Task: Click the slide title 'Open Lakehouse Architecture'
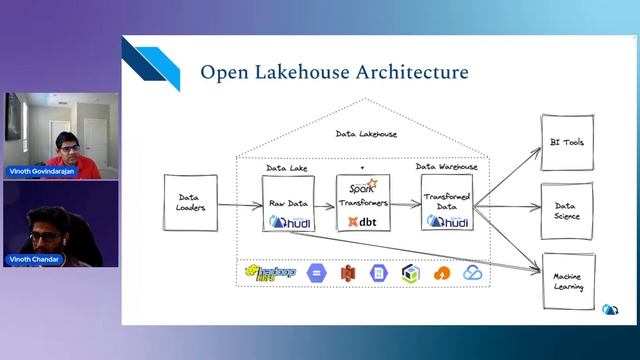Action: (x=334, y=72)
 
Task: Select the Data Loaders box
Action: (x=190, y=204)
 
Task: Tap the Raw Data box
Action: (x=286, y=203)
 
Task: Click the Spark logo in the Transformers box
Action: (x=360, y=187)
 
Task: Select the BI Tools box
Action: (x=567, y=143)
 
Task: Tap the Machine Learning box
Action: (x=567, y=281)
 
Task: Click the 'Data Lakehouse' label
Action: (x=366, y=133)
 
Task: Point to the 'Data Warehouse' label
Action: (x=447, y=167)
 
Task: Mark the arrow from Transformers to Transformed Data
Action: (x=404, y=204)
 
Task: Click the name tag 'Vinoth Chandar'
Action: (x=35, y=259)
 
